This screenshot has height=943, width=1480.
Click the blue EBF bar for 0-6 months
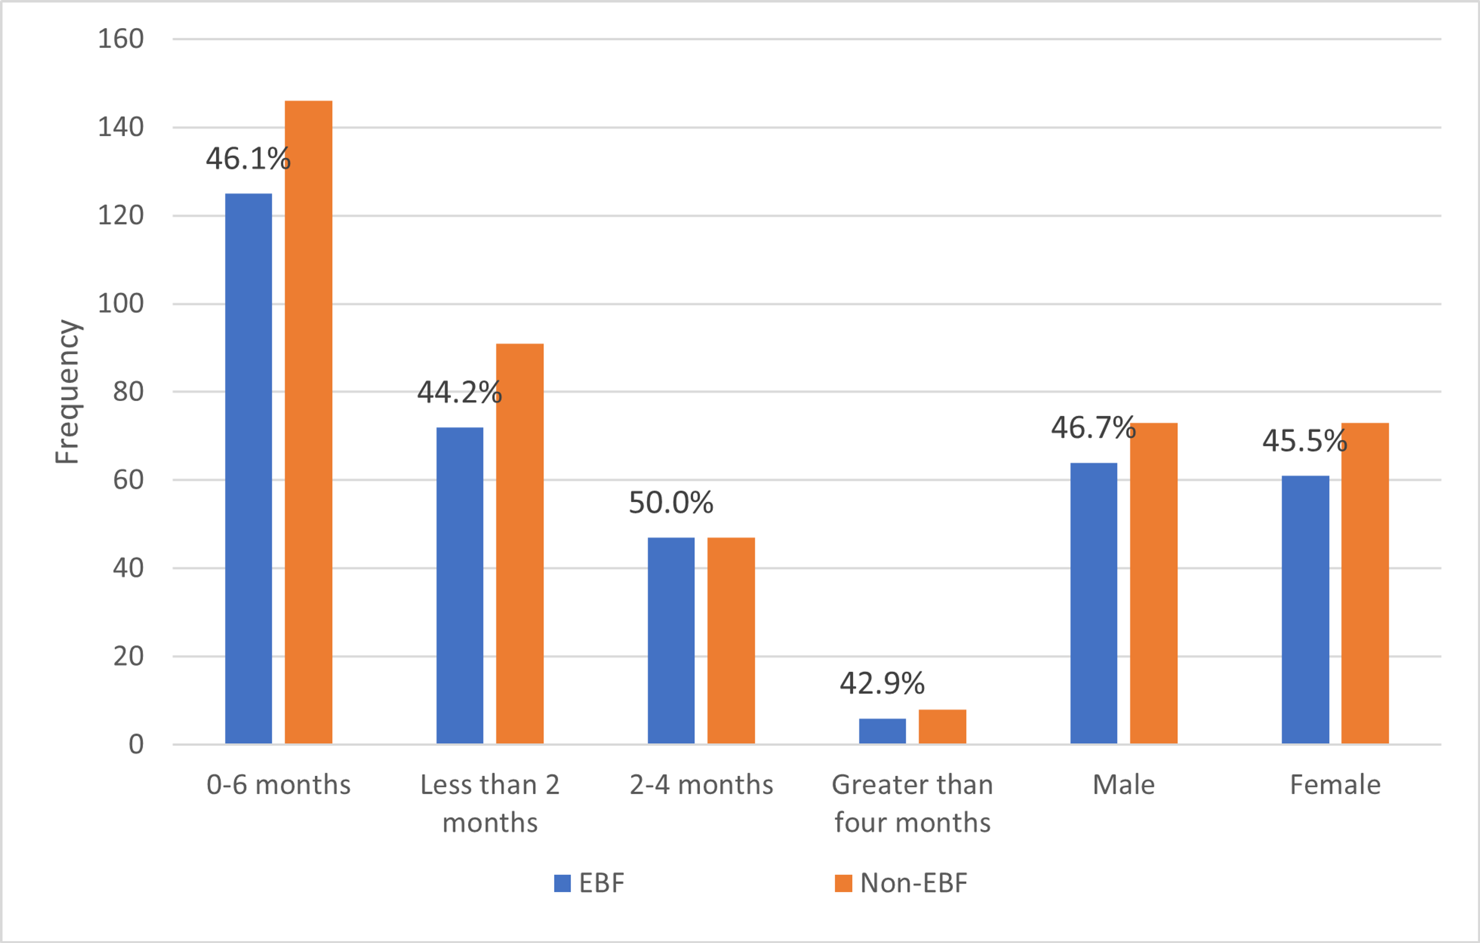248,468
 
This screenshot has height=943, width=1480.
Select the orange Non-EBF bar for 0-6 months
308,422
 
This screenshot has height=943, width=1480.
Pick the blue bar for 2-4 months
671,640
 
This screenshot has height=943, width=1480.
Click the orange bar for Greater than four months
942,727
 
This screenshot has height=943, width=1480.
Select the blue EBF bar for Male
1093,603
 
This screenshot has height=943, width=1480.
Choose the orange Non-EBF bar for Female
1365,583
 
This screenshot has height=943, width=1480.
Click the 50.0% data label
670,503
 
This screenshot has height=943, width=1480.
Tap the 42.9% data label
882,683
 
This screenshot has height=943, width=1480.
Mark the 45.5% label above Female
1304,440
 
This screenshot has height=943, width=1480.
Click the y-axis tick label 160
121,39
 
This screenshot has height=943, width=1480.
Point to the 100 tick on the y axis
121,303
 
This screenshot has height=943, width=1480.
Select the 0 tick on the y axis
136,745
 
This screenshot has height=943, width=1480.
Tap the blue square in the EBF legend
562,883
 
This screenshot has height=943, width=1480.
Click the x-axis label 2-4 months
702,785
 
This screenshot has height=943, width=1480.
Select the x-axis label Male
1123,785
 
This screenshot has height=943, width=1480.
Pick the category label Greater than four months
912,803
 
